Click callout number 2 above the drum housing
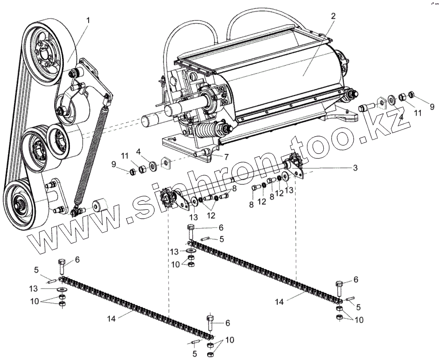pos(333,16)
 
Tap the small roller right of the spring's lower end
pos(100,205)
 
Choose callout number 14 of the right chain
pos(279,302)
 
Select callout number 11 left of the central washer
pos(125,155)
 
